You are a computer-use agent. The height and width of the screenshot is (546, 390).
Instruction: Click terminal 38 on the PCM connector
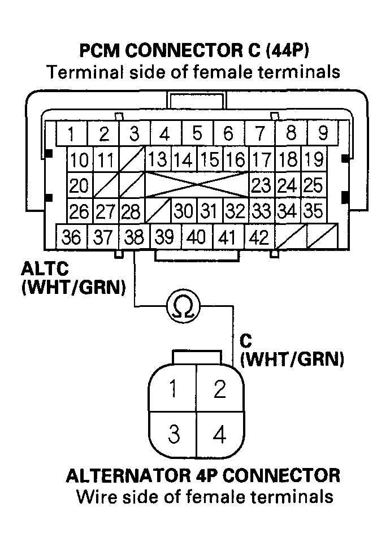click(134, 237)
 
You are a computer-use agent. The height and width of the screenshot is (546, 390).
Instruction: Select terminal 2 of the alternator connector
click(220, 390)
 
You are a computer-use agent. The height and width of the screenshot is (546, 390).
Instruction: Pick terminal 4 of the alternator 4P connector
click(220, 435)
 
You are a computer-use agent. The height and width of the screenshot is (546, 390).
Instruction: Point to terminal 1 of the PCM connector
click(71, 135)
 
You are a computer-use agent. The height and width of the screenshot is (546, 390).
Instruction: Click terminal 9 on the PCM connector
click(323, 134)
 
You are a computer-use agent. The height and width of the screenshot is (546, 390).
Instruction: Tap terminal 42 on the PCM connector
click(259, 237)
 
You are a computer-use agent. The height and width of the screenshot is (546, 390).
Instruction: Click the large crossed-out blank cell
click(198, 185)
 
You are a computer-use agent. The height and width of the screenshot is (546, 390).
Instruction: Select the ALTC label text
click(41, 267)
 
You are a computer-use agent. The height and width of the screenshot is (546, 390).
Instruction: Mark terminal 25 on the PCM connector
click(312, 185)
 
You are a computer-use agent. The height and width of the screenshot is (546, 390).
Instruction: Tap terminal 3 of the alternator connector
click(174, 435)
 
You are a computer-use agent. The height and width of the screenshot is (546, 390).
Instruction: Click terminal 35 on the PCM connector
click(312, 211)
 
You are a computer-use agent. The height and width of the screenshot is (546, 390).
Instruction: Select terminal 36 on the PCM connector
click(71, 237)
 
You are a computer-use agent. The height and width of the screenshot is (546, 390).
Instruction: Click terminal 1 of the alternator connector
click(174, 390)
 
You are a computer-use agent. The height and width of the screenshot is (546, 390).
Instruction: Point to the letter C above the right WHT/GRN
click(246, 340)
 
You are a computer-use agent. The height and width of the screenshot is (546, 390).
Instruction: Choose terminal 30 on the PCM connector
click(184, 211)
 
